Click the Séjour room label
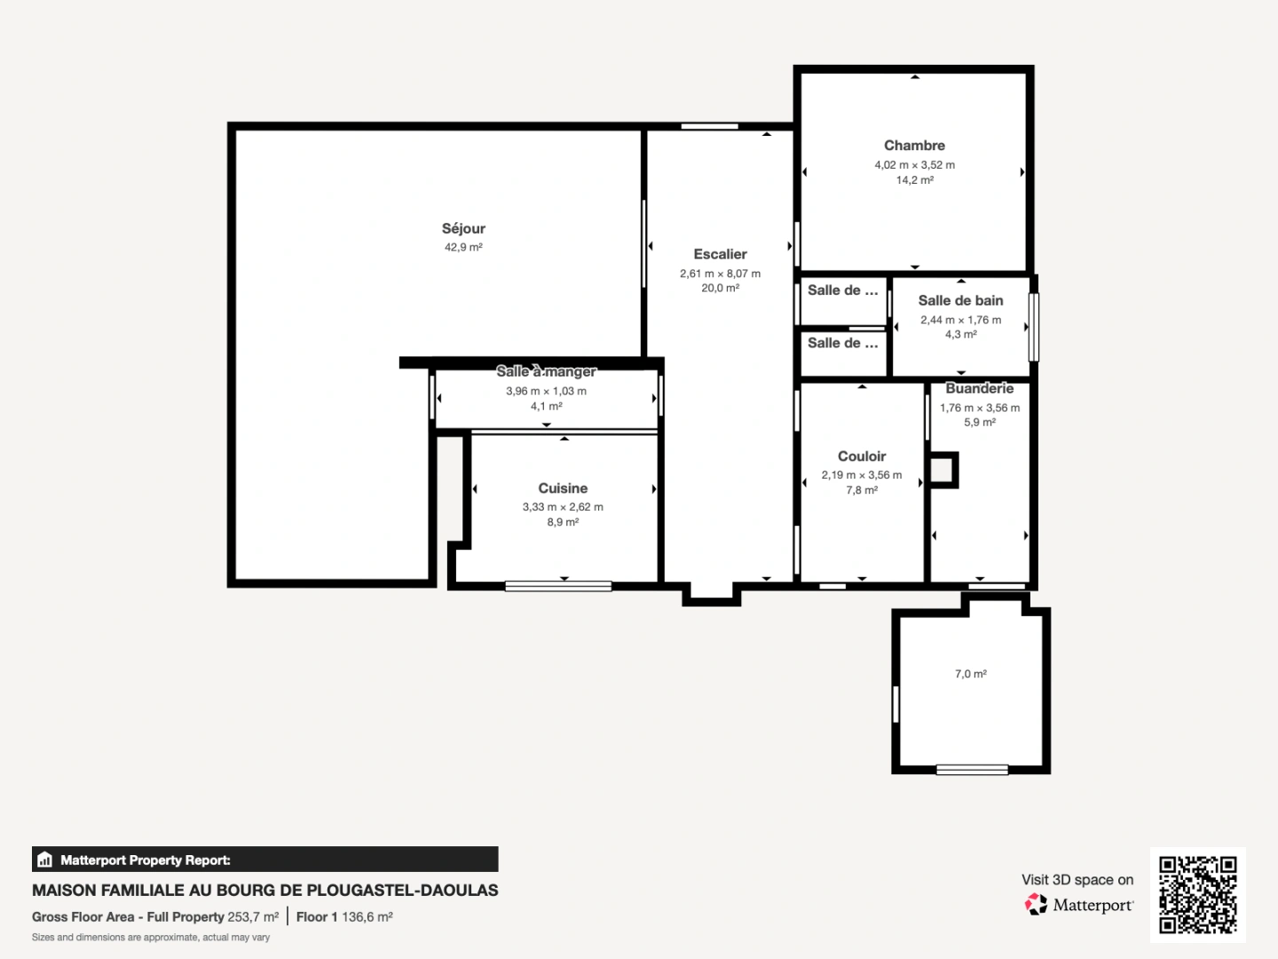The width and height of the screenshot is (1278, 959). click(463, 228)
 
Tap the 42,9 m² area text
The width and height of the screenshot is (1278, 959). click(463, 248)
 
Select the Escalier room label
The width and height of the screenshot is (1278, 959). click(720, 254)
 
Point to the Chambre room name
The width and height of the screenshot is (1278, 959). click(914, 146)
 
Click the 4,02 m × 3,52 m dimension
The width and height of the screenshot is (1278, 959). click(914, 165)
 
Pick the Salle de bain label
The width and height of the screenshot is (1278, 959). click(960, 301)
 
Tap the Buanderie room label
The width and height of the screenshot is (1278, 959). click(979, 388)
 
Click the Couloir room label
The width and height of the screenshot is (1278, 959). click(862, 456)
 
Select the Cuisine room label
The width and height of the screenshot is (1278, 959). click(563, 488)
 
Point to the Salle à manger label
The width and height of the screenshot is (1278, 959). click(546, 371)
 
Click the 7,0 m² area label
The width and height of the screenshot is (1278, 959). click(971, 674)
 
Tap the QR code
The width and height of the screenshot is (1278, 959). click(1197, 894)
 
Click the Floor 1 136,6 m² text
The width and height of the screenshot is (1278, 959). click(344, 916)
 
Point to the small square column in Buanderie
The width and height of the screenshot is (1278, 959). click(943, 470)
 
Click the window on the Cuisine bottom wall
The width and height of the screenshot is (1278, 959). click(558, 586)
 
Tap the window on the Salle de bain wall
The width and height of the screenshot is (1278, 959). click(1033, 327)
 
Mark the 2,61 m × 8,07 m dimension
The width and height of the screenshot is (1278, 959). click(720, 273)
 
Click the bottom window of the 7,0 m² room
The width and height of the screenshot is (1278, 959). click(972, 770)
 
